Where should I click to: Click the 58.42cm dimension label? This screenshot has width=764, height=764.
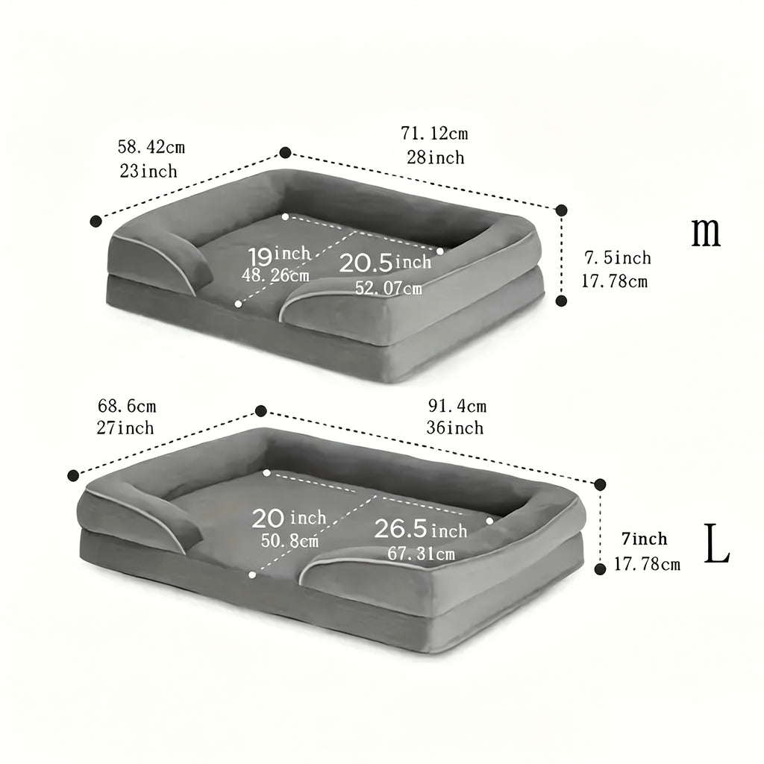pos(151,147)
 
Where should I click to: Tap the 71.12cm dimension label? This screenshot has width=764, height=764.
pos(435,133)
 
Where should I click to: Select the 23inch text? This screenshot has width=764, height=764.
pos(148,171)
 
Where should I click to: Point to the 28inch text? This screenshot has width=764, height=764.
pos(436,157)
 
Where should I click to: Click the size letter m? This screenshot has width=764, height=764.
pos(706,233)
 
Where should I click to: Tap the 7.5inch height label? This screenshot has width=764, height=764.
pos(618,257)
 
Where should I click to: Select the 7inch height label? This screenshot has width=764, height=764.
pos(645,539)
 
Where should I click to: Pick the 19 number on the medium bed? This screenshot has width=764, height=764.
pos(260,257)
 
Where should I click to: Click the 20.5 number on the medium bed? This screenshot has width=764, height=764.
pos(366,263)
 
